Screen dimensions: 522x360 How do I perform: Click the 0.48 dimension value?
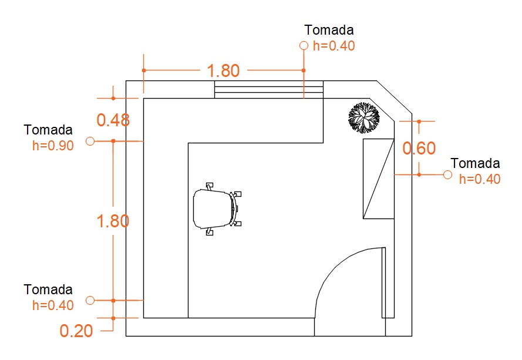tap(113, 120)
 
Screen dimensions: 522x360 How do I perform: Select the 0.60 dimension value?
tap(419, 148)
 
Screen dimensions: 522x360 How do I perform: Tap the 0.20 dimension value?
tap(76, 331)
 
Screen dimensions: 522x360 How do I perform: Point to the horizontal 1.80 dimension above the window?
tap(223, 70)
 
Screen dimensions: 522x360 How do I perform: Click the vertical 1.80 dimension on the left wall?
tap(113, 221)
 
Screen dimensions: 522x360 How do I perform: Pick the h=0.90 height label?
tap(53, 146)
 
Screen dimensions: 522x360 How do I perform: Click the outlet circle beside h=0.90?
tap(90, 141)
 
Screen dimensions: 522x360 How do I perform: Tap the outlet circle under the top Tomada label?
tap(304, 46)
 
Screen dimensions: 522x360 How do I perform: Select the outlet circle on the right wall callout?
tap(448, 174)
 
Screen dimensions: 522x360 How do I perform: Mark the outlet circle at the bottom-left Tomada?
tap(90, 300)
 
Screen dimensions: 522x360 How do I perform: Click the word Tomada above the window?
tap(329, 30)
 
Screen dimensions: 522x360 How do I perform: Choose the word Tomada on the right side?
tap(476, 163)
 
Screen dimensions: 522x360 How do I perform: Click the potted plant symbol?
tap(364, 118)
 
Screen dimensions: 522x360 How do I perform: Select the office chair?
tap(217, 209)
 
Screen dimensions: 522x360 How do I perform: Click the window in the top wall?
tap(269, 89)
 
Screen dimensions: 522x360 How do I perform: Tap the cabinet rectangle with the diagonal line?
tap(379, 179)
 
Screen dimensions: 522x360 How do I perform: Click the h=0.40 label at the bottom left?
tap(53, 305)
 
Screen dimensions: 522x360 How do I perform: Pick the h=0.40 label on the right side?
tap(480, 179)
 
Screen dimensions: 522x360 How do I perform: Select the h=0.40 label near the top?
tap(334, 46)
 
